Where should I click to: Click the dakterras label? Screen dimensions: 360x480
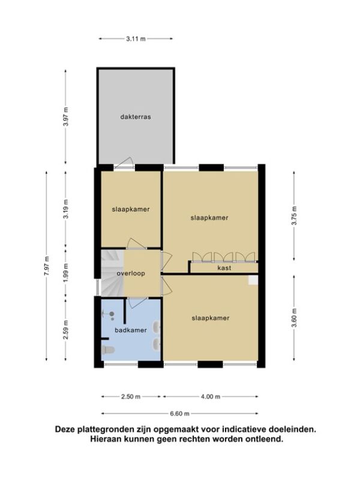pos(136,117)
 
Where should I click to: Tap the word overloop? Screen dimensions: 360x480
pos(131,274)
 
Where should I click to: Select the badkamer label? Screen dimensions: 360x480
pos(131,330)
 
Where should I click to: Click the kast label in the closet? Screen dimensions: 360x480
pos(224,268)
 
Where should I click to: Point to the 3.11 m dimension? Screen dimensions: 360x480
pos(136,39)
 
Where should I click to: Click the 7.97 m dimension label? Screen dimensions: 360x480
pos(47,266)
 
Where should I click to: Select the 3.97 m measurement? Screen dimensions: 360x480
pos(65,116)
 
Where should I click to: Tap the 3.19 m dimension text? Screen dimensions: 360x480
pos(66,209)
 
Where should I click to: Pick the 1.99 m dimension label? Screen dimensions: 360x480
pos(66,272)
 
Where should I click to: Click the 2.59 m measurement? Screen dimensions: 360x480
pos(66,329)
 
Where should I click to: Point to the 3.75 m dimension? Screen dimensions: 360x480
pos(294,216)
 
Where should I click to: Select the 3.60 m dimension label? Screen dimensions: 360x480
pos(294,317)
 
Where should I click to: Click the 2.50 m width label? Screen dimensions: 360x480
pos(131,397)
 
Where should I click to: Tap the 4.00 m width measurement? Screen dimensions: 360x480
pos(211,397)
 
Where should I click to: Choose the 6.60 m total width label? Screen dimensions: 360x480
pos(179,414)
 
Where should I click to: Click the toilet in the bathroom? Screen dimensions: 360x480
pos(107,350)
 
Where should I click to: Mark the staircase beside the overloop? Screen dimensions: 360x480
pos(112,274)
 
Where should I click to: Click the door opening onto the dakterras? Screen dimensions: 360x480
pos(124,163)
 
